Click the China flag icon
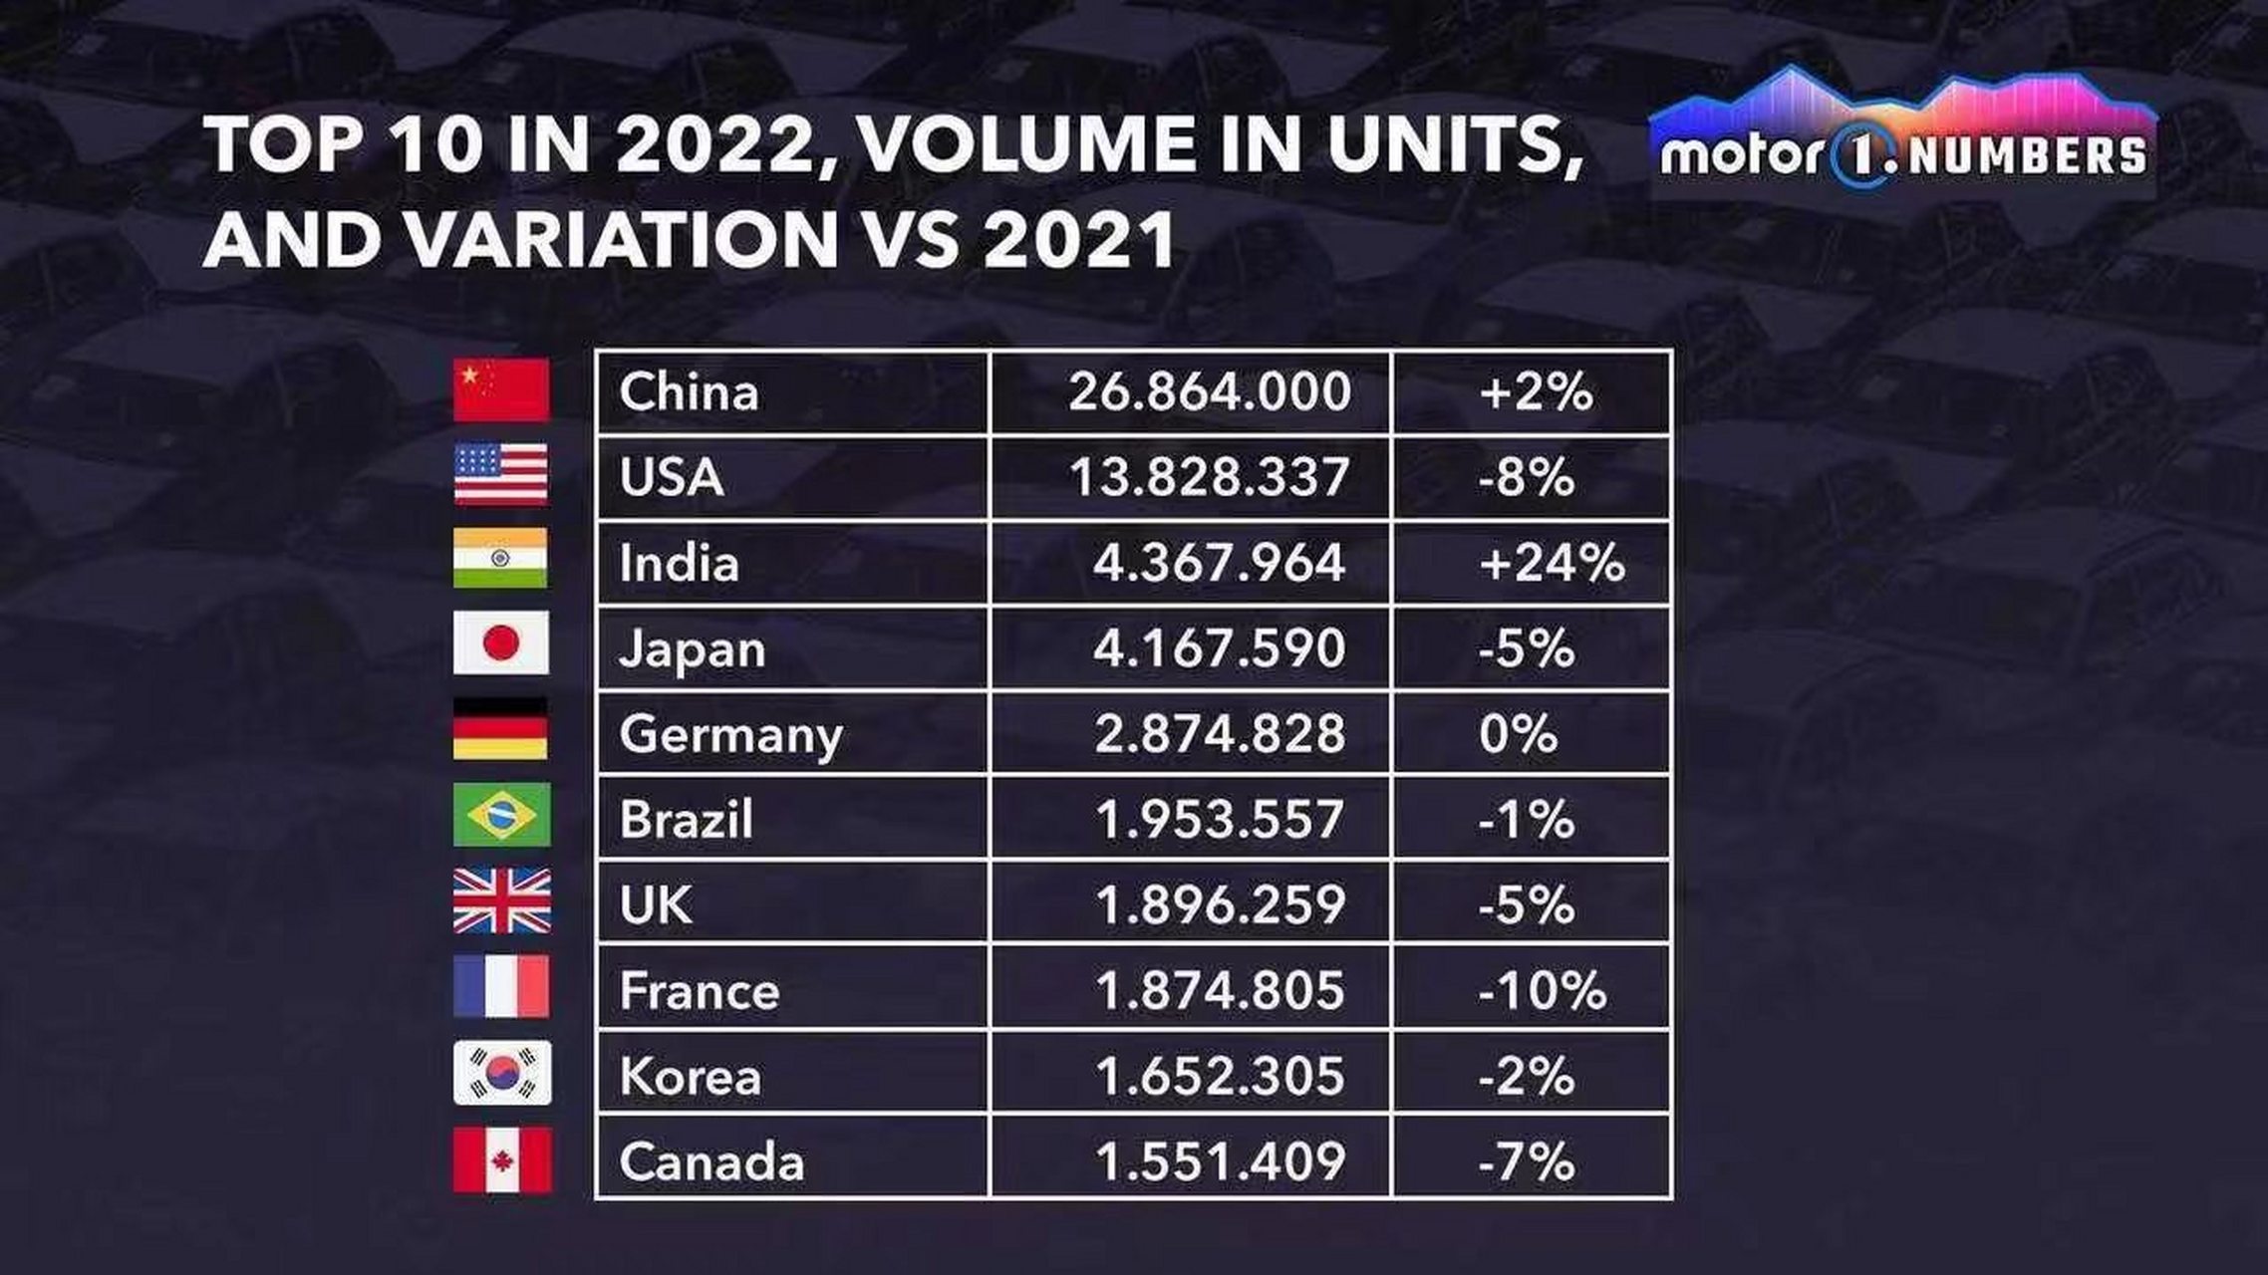[500, 390]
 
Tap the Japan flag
[500, 643]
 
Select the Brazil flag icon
[501, 815]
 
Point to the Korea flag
[502, 1073]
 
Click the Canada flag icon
[502, 1160]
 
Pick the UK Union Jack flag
[502, 900]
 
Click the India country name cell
[679, 564]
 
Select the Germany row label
[730, 735]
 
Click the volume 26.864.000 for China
[1209, 391]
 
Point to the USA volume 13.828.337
[1209, 477]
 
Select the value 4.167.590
[1219, 648]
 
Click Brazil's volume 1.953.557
[1220, 820]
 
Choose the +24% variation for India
[1552, 564]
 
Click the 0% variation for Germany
[1518, 735]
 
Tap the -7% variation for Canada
[1526, 1162]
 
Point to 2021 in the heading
[1078, 240]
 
